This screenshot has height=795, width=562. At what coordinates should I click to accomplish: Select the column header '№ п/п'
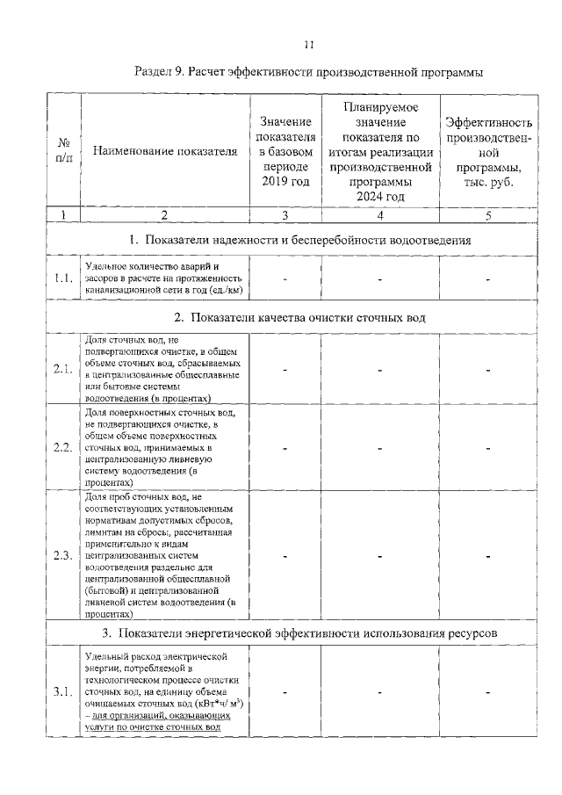click(63, 151)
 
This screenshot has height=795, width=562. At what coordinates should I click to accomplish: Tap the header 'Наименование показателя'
click(164, 151)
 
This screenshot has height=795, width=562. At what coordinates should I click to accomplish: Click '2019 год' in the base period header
click(286, 182)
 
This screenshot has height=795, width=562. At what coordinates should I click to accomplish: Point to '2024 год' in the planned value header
click(380, 196)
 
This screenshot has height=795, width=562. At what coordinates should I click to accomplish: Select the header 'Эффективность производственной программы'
click(488, 151)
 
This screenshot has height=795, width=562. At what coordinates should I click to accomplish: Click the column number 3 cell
click(286, 214)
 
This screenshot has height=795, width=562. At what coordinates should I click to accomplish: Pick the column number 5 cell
click(488, 214)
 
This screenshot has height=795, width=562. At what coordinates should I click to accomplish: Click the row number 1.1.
click(62, 278)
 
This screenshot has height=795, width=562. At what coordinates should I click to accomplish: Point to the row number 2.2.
click(62, 447)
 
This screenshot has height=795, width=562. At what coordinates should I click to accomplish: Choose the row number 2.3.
click(62, 555)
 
